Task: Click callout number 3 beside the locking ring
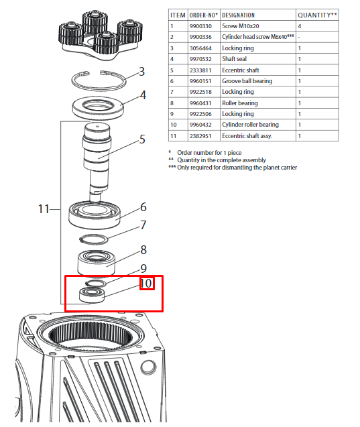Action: tap(141, 72)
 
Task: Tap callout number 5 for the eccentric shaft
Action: tap(142, 139)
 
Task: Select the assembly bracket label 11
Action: tap(44, 209)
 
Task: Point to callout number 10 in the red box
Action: tap(147, 283)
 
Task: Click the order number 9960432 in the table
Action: tap(200, 125)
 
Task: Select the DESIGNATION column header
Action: tap(238, 15)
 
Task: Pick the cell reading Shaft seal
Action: tap(234, 59)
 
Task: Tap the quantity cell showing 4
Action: tap(300, 26)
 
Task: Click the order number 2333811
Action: tap(200, 70)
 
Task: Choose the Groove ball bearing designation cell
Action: tap(247, 81)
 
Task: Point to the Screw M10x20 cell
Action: tap(241, 26)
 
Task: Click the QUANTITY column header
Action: tap(317, 15)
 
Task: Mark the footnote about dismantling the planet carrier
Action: tap(233, 167)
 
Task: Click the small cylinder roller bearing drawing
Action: tap(92, 295)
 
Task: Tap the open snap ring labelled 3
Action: tap(99, 80)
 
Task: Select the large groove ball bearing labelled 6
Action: tap(95, 215)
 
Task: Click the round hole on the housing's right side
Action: tap(148, 367)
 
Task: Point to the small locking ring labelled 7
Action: tap(94, 239)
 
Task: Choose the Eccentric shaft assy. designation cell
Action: tap(247, 136)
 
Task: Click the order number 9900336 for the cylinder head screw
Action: tap(200, 37)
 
